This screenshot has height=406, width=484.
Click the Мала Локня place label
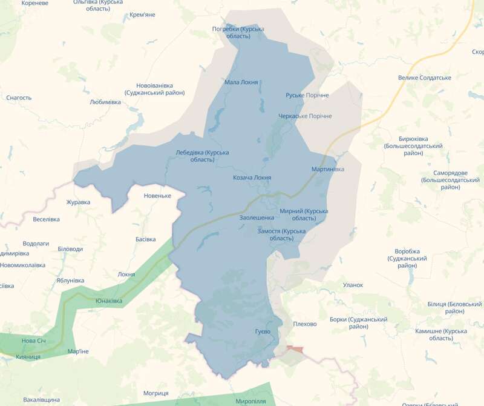[241, 82]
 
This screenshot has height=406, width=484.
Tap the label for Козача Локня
[252, 178]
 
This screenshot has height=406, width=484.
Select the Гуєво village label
[263, 332]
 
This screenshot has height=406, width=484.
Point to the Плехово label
[304, 324]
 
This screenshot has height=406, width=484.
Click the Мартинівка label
[327, 169]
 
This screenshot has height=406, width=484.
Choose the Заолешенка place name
[257, 217]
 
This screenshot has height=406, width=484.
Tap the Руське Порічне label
[307, 96]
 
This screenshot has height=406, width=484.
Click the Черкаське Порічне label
[305, 116]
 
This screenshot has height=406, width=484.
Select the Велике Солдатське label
[425, 78]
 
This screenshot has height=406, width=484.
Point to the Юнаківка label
[109, 301]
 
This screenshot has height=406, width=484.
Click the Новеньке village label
[157, 196]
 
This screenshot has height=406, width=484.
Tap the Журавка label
[78, 202]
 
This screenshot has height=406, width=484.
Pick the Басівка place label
[146, 239]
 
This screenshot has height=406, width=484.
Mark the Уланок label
[353, 285]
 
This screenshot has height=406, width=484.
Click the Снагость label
[19, 98]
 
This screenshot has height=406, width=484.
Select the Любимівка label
[105, 102]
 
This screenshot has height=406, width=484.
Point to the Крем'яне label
[142, 15]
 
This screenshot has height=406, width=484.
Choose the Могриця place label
[156, 393]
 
